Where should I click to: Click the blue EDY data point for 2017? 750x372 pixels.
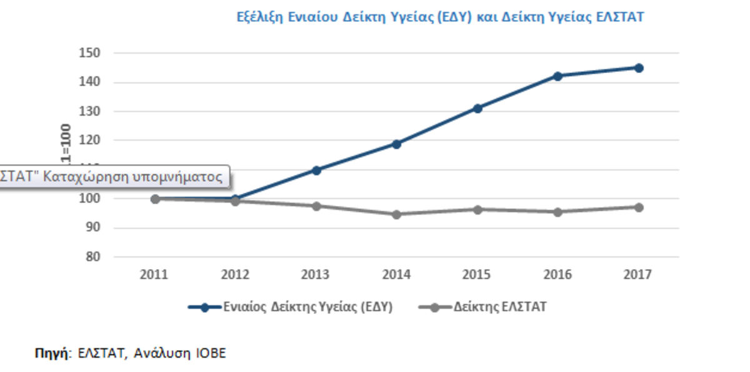638,68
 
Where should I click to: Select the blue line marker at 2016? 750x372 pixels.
557,76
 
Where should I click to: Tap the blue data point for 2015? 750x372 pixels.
477,108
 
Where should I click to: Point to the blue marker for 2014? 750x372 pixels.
396,144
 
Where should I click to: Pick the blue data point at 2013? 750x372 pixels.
316,170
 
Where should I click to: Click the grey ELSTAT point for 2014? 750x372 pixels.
396,214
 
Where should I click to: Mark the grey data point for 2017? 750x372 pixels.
638,207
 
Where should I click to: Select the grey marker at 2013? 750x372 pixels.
316,206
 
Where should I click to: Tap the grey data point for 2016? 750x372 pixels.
557,212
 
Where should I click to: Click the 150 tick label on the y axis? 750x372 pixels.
90,53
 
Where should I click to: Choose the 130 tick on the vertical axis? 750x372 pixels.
90,111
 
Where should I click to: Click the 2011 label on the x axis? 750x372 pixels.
154,275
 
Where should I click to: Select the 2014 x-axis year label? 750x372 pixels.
396,275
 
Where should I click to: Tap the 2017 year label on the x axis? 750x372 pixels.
638,275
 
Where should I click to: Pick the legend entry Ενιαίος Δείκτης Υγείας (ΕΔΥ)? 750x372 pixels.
306,307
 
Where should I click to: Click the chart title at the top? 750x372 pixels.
440,17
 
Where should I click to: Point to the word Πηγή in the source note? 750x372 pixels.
50,353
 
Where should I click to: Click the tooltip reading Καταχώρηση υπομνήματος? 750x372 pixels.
112,177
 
